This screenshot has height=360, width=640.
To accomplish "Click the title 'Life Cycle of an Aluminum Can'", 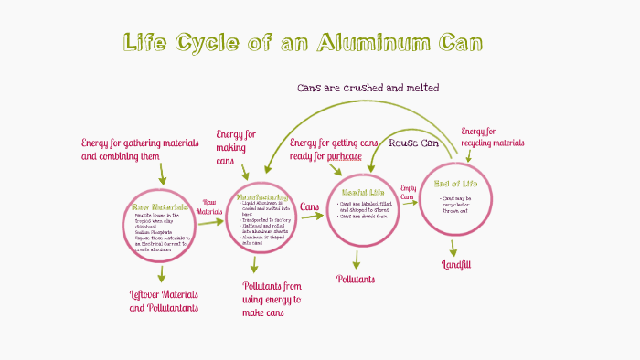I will click(303, 43).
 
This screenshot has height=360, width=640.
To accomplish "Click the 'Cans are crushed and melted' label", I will click(368, 88).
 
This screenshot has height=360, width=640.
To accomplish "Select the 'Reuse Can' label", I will click(414, 143).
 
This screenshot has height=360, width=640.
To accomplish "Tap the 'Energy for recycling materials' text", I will click(492, 137).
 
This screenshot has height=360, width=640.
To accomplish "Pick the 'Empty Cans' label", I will click(408, 193).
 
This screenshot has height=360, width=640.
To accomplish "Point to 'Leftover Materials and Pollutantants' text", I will click(165, 301).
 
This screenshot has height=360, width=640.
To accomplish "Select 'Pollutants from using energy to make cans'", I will click(271, 299).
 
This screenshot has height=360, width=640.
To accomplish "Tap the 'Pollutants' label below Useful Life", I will click(356, 279).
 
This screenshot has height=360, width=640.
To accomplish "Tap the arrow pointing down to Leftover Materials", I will click(161, 274).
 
